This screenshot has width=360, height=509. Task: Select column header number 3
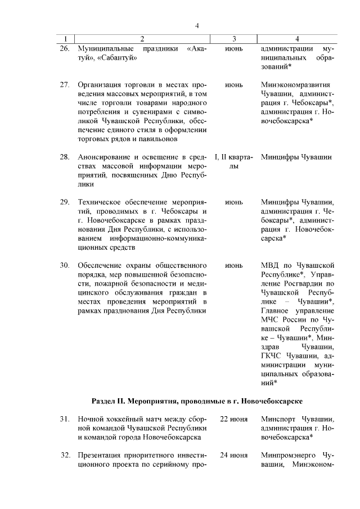(234, 39)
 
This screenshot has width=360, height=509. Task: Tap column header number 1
(66, 39)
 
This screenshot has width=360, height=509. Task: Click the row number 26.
(65, 49)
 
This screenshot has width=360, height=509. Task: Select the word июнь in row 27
(234, 84)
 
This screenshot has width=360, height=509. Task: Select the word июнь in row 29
(234, 202)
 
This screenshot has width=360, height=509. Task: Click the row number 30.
(65, 265)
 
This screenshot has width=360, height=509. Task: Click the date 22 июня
(234, 419)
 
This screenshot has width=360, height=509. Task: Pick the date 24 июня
(234, 454)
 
